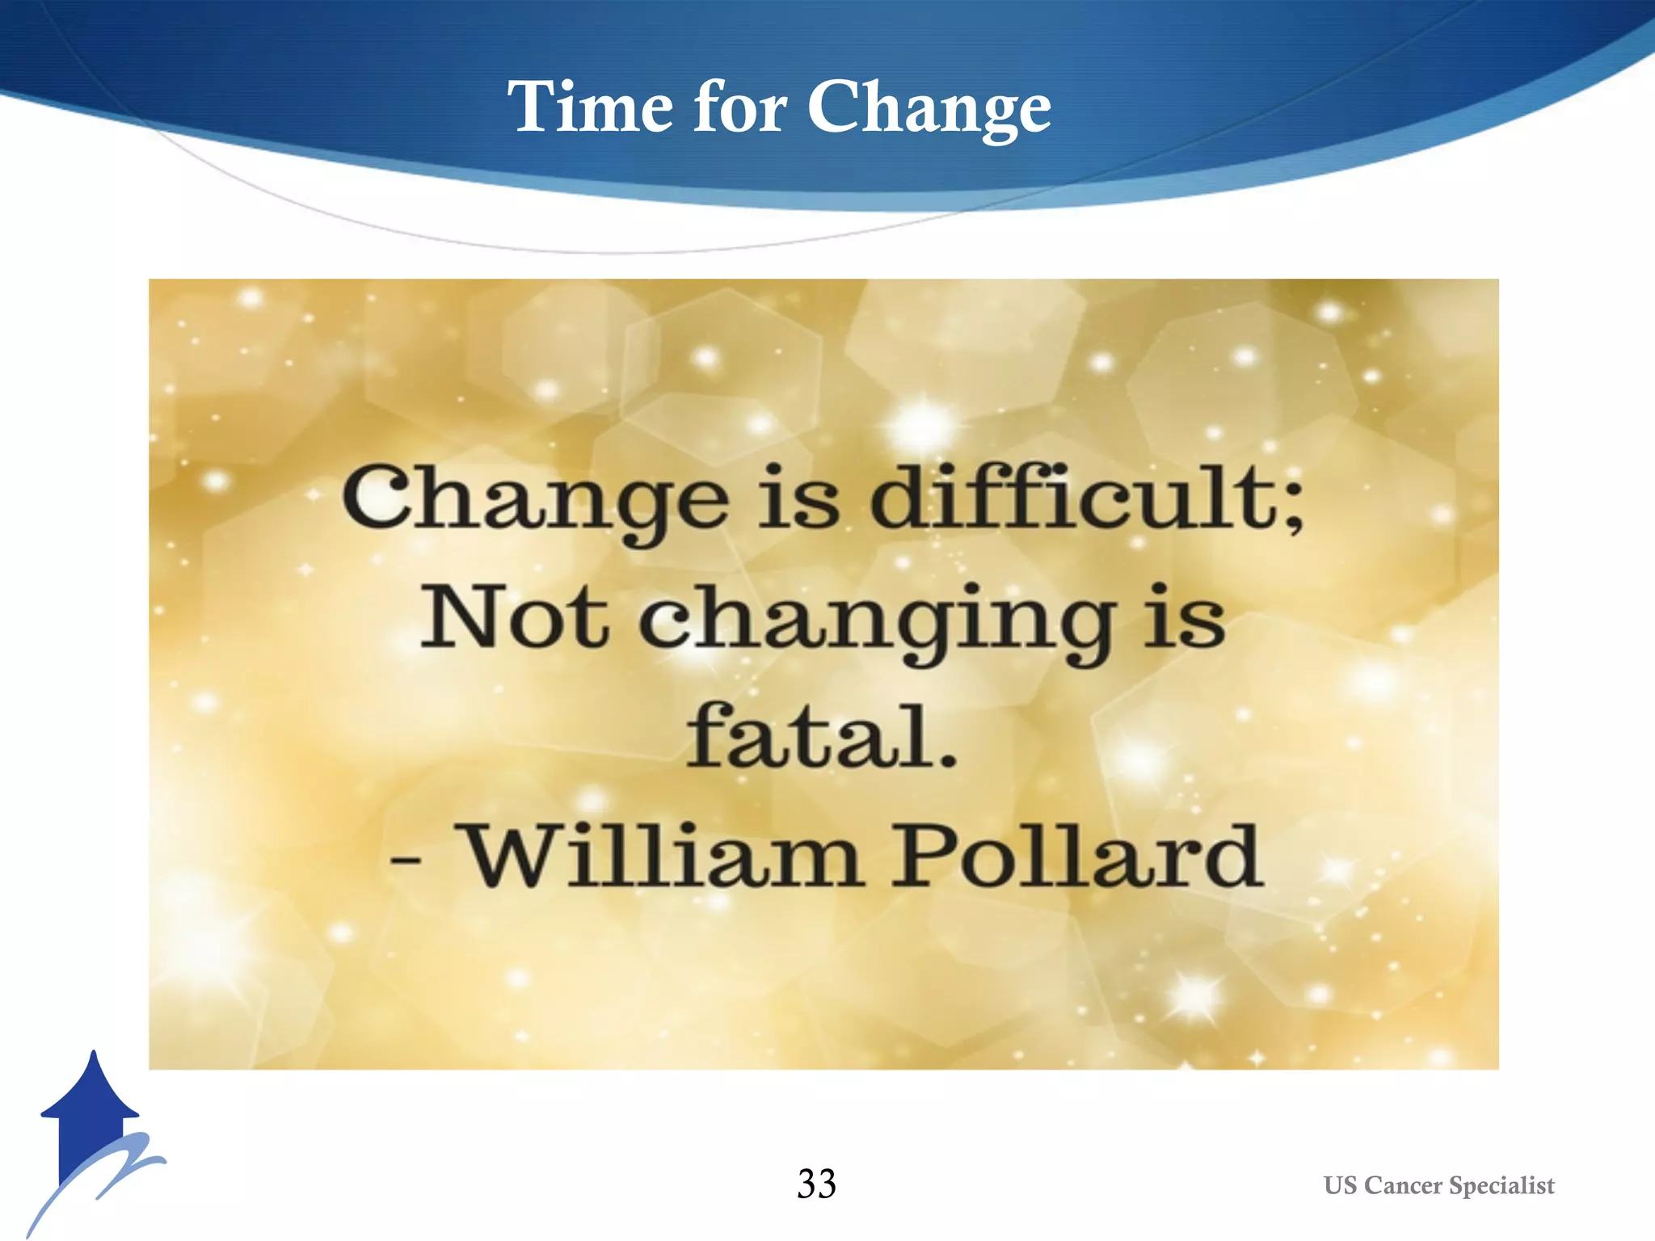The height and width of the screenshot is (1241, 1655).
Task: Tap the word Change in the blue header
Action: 929,109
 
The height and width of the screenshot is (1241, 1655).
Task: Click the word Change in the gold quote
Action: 535,499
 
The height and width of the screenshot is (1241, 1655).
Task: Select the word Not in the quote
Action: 514,618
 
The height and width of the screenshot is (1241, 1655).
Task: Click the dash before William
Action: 405,859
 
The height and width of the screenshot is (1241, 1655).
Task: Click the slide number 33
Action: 816,1184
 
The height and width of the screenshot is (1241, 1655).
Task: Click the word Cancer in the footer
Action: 1404,1185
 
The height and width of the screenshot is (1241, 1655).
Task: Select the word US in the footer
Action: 1340,1185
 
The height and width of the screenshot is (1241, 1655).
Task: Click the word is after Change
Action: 798,499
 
